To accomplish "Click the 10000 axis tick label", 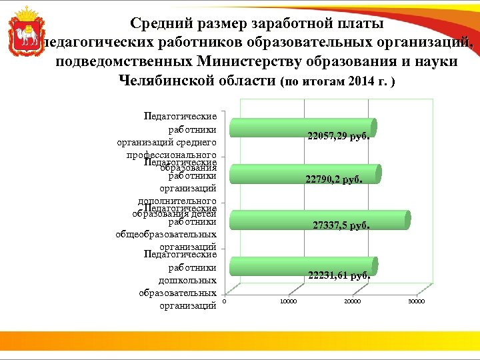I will [288, 302].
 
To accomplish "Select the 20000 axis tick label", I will [352, 302].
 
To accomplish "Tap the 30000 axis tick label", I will [416, 302].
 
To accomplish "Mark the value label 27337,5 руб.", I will [341, 226].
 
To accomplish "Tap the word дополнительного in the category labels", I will [177, 201].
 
